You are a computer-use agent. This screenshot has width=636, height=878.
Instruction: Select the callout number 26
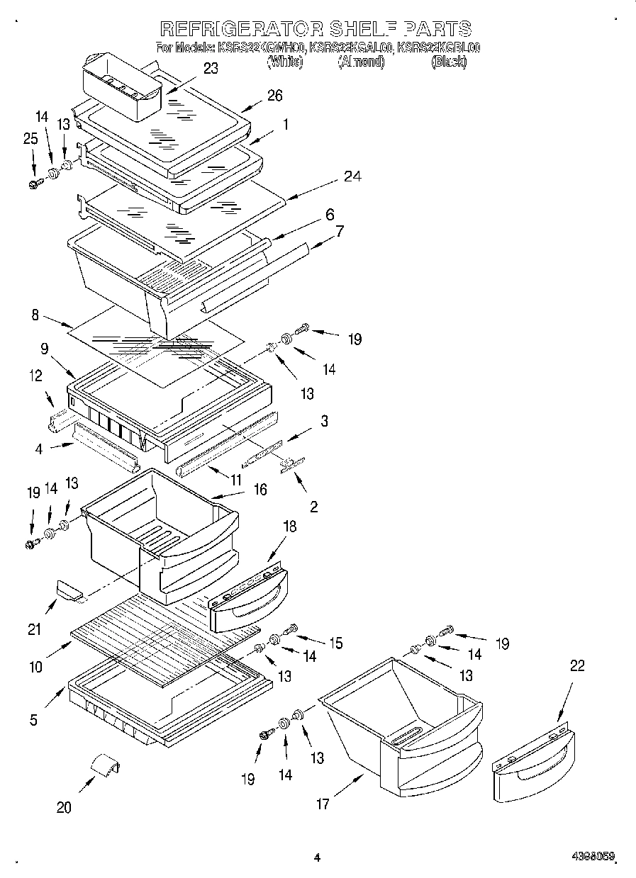(274, 96)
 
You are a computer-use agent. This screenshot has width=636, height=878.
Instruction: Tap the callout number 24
(352, 176)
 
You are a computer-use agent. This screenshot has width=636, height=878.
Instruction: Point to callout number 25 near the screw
(30, 139)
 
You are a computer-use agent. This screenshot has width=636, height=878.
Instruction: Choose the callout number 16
(260, 489)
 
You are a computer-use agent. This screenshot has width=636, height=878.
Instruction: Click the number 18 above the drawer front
(290, 526)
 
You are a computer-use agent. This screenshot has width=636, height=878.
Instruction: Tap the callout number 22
(578, 665)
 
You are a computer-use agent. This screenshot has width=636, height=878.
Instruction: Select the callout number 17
(323, 804)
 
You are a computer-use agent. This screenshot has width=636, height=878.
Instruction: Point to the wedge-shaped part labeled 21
(69, 588)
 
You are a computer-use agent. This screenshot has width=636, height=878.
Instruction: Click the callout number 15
(335, 643)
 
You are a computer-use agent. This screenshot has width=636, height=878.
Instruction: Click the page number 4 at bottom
(318, 857)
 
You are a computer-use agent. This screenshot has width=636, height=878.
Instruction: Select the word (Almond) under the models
(362, 62)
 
